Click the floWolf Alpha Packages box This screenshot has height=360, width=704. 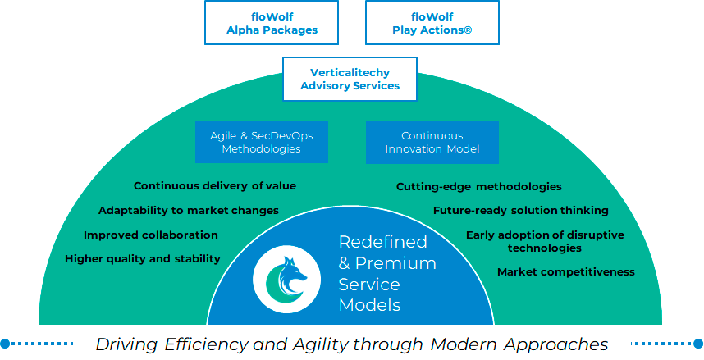(272, 22)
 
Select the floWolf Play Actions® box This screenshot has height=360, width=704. (432, 22)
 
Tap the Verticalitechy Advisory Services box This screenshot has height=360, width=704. (350, 79)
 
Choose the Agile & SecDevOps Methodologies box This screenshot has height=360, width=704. (261, 142)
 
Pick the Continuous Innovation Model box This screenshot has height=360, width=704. (432, 142)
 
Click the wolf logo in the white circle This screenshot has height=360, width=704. (287, 279)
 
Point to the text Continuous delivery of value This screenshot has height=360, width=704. (215, 186)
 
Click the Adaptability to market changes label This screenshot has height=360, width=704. (189, 210)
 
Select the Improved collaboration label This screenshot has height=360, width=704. (151, 235)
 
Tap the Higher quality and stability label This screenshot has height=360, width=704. (143, 259)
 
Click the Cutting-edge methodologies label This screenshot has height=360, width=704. (479, 186)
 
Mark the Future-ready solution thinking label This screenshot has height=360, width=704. (521, 210)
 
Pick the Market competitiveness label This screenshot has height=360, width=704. (566, 271)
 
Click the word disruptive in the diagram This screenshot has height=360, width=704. (597, 235)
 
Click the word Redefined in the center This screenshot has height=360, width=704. (382, 241)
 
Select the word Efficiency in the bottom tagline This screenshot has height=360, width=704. (206, 344)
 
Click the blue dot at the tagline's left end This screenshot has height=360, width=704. (6, 344)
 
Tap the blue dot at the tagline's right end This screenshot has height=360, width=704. (698, 344)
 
